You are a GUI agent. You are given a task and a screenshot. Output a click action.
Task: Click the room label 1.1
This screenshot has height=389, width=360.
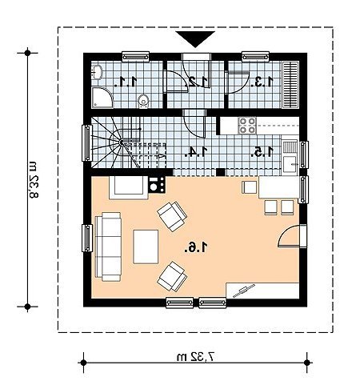[x=126, y=82]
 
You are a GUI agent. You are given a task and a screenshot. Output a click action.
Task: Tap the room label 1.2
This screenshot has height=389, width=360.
[x=198, y=82]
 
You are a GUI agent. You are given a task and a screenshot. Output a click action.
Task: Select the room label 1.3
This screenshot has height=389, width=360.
[x=262, y=82]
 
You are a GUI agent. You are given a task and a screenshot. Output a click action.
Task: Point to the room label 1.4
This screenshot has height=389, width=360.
[x=195, y=151]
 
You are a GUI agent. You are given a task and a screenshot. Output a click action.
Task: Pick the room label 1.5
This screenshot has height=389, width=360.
[x=262, y=151]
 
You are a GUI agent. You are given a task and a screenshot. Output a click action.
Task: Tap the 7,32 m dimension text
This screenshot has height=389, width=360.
[x=195, y=356]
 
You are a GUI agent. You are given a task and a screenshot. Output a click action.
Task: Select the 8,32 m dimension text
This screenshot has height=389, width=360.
[x=34, y=179]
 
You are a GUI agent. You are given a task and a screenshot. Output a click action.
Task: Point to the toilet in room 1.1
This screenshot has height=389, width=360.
[x=143, y=102]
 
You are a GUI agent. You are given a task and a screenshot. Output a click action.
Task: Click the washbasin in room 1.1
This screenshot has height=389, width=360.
[x=97, y=72]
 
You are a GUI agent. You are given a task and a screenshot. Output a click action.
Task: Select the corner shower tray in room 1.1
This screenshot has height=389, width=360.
[x=102, y=98]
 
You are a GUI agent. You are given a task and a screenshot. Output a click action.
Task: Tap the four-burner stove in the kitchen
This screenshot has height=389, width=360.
[x=247, y=126]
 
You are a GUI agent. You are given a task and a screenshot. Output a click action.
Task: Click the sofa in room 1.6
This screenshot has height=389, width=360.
[x=108, y=247]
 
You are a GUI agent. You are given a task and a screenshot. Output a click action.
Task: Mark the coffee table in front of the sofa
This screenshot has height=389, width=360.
[x=146, y=247]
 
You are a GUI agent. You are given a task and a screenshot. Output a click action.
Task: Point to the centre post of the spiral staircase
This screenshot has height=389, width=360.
[x=122, y=142]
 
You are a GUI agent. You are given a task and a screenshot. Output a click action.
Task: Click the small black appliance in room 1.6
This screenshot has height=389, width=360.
[x=157, y=185]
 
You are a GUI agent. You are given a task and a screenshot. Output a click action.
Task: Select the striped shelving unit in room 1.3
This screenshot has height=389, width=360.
[x=290, y=85]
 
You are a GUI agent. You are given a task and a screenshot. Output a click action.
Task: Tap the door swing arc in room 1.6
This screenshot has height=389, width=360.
[x=286, y=232]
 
